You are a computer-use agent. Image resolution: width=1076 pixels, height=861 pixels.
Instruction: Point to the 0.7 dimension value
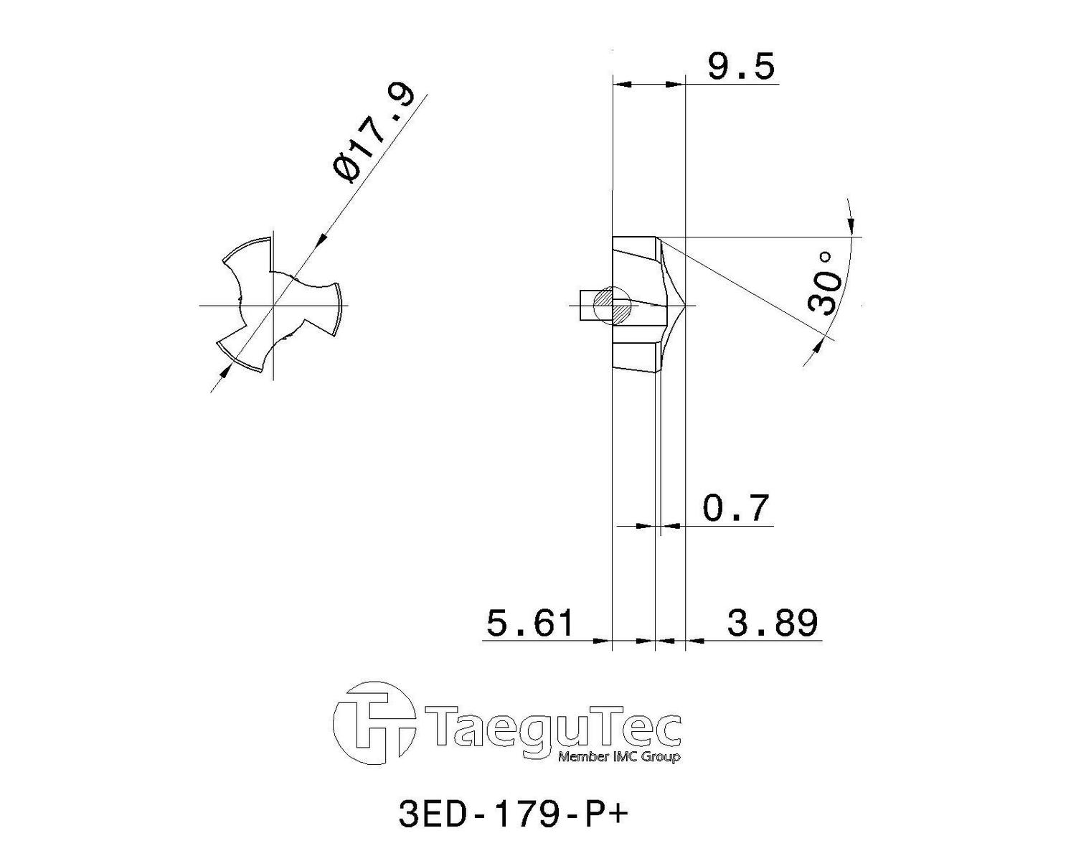pyautogui.click(x=735, y=508)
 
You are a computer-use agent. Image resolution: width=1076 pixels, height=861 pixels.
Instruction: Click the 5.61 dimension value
pyautogui.click(x=529, y=624)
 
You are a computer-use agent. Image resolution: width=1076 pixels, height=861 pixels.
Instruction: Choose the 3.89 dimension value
pyautogui.click(x=772, y=623)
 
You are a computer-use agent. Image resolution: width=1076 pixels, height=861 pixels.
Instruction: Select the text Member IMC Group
pyautogui.click(x=619, y=756)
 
